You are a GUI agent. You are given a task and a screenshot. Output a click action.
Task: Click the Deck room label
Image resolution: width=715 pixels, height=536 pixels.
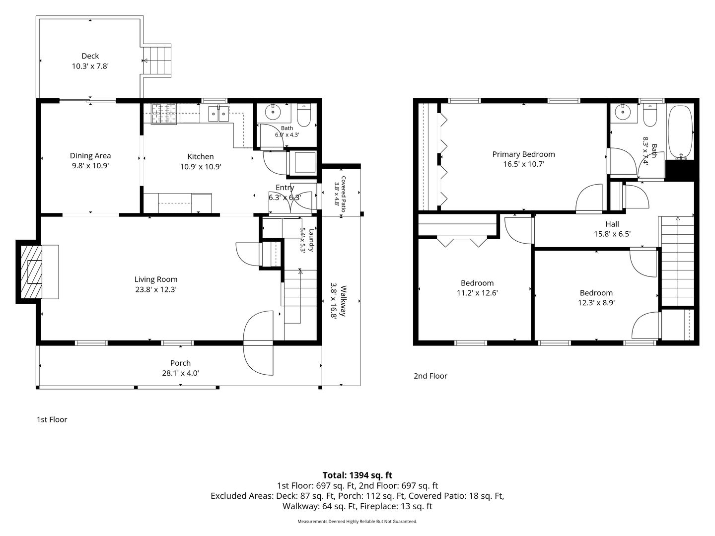coord(90,56)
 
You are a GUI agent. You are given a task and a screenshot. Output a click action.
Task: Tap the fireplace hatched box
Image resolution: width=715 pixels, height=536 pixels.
coord(32,272)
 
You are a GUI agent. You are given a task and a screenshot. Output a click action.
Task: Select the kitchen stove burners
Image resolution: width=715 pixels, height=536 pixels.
coord(164,114)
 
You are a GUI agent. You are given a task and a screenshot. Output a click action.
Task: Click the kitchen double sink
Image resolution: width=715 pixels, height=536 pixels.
coord(218,113)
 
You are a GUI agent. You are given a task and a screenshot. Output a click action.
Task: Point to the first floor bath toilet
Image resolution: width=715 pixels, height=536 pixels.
coord(304,115)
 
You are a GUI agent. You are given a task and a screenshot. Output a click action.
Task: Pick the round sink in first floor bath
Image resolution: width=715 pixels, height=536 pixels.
coord(273,113)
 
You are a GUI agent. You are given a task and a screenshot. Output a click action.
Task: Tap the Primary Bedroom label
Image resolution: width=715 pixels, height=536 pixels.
coord(523,154)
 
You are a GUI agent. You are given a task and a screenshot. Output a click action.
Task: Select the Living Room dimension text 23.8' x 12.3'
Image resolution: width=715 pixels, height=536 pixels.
coord(156,289)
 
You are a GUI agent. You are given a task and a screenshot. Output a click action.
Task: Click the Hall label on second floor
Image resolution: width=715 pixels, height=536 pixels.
coord(612,224)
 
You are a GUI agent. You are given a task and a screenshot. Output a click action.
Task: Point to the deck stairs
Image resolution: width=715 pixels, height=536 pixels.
coord(157,61)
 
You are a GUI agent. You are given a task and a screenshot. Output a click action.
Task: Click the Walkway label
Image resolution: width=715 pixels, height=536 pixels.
coord(343,301)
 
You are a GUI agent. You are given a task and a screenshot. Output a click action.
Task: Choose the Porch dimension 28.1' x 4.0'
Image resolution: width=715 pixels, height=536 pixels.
coord(180,373)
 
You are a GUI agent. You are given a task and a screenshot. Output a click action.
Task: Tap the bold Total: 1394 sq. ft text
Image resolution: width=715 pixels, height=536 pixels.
coord(357,475)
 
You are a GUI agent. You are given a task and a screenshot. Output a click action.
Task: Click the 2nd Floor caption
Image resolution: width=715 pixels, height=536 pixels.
coord(430,376)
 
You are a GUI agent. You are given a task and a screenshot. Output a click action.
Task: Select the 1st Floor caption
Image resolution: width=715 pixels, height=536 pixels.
coord(52,419)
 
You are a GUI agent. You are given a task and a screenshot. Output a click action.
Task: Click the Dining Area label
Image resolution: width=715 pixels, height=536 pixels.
coord(90,155)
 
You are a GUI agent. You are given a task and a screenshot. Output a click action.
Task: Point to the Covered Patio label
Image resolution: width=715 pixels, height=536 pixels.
coord(343,194)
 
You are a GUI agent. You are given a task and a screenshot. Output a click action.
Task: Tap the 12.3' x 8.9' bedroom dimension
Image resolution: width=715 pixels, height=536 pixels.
coord(596,303)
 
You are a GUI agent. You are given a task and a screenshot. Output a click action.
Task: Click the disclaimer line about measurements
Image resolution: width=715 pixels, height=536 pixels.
coord(357,521)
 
